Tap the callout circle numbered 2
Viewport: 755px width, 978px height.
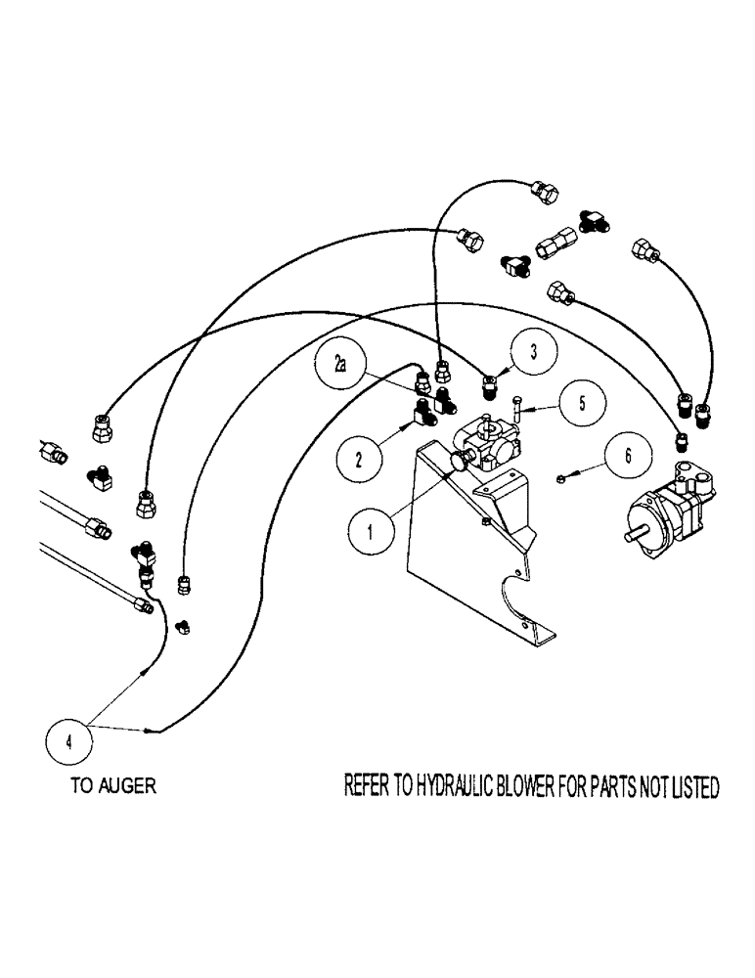(359, 455)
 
